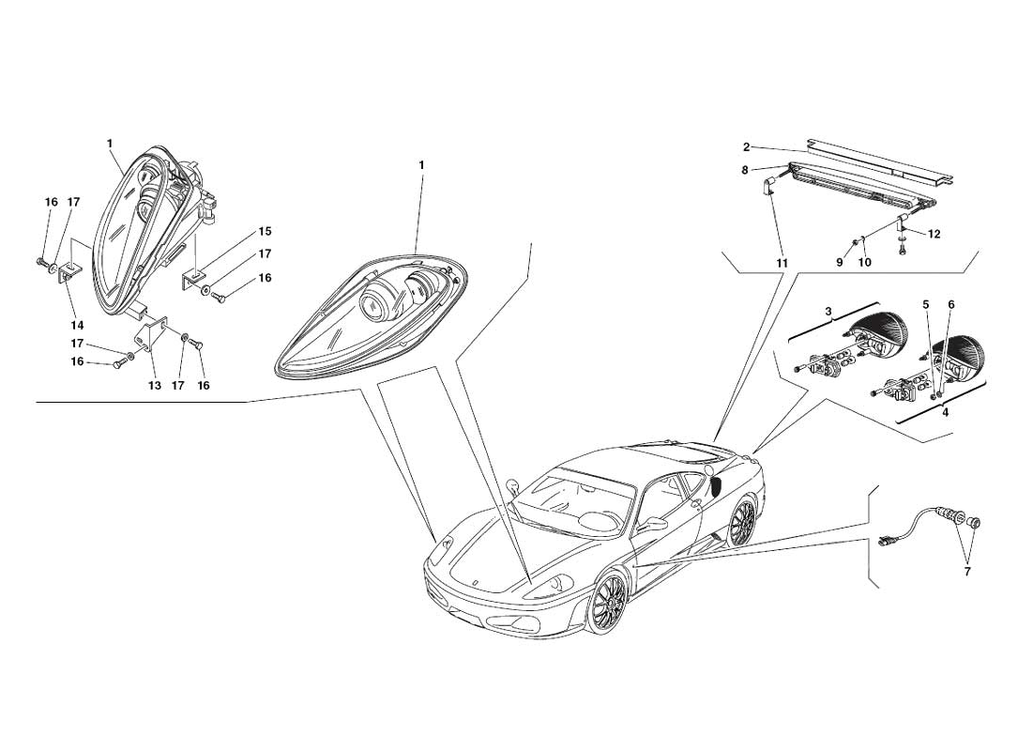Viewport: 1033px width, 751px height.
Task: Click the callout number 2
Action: coord(747,146)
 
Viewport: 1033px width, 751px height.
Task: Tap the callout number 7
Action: coord(967,572)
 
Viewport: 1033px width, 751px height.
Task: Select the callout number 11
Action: coord(782,263)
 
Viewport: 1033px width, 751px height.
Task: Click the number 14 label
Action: coord(78,325)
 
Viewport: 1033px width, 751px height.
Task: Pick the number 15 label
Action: coord(265,232)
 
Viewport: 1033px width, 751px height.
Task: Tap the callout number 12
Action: coord(934,234)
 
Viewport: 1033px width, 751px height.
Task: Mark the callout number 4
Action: coord(945,413)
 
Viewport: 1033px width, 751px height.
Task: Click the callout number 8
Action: coord(745,170)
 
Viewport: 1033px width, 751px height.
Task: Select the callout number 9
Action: coord(840,263)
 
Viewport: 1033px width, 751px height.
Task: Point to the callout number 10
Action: coord(864,263)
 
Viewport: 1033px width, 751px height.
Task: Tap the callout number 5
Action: coord(926,304)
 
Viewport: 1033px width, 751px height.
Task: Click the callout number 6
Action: coord(950,304)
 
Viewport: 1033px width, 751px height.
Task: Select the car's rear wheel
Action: coord(741,522)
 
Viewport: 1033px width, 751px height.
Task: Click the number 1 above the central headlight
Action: coord(421,165)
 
